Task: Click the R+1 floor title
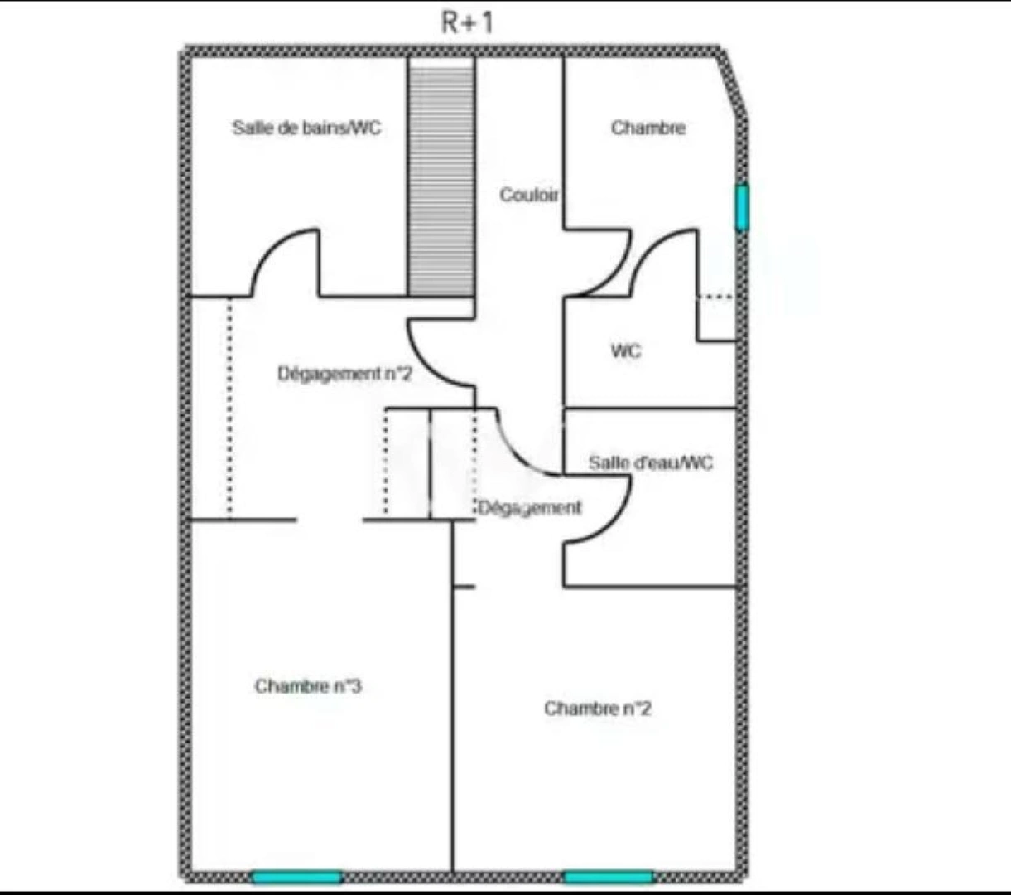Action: pyautogui.click(x=467, y=22)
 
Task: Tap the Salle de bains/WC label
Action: pyautogui.click(x=306, y=128)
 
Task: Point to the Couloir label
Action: pyautogui.click(x=528, y=195)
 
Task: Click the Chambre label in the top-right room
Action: pyautogui.click(x=648, y=128)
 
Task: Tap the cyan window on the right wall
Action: pyautogui.click(x=742, y=207)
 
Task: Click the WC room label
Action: pyautogui.click(x=625, y=351)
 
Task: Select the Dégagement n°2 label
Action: pyautogui.click(x=344, y=374)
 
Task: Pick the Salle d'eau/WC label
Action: pyautogui.click(x=650, y=462)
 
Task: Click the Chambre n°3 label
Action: pyautogui.click(x=307, y=686)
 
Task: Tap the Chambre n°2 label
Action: pyautogui.click(x=597, y=709)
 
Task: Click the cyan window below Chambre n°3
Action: pyautogui.click(x=296, y=877)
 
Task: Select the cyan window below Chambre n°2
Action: pyautogui.click(x=609, y=877)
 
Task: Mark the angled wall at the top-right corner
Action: pyautogui.click(x=733, y=83)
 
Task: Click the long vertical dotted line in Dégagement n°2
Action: pyautogui.click(x=229, y=406)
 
